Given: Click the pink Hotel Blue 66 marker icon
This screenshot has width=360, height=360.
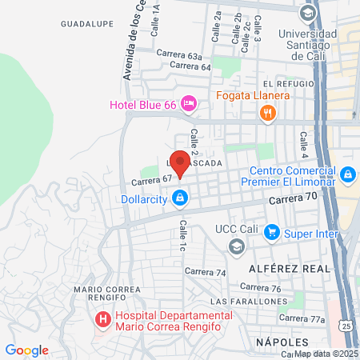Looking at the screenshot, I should point(189,103).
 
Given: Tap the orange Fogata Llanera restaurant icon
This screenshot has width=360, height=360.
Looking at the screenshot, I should point(268,113).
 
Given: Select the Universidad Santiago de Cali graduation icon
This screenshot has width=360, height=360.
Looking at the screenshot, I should point(306,14).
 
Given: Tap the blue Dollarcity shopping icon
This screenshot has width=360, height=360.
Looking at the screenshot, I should point(182,197).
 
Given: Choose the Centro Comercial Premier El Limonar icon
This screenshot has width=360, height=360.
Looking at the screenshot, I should point(347,174).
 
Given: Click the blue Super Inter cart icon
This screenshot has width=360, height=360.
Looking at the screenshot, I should point(272,233).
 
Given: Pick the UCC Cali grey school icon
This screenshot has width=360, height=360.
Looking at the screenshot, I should point(236,247).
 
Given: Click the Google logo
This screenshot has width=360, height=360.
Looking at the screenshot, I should point(26,350).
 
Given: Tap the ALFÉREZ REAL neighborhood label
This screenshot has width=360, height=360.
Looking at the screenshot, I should point(287,268).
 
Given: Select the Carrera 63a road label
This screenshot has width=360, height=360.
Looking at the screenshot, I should point(177,54).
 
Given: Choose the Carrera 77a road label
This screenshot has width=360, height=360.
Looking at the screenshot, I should point(308,318).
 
